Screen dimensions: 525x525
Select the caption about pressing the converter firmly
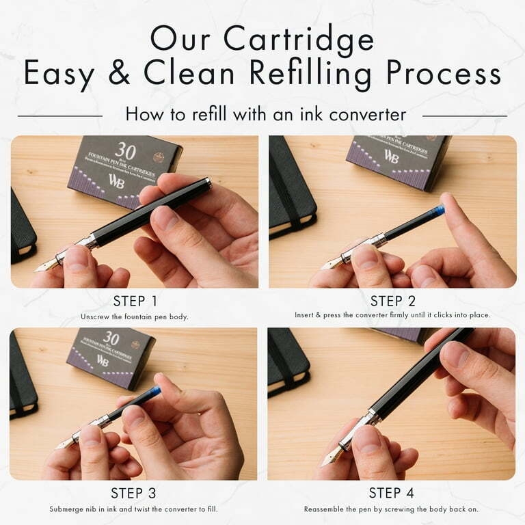pyautogui.click(x=392, y=316)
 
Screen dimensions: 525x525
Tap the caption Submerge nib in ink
pyautogui.click(x=134, y=509)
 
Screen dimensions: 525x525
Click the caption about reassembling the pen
pyautogui.click(x=392, y=509)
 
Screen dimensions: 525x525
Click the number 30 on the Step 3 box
pyautogui.click(x=111, y=338)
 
